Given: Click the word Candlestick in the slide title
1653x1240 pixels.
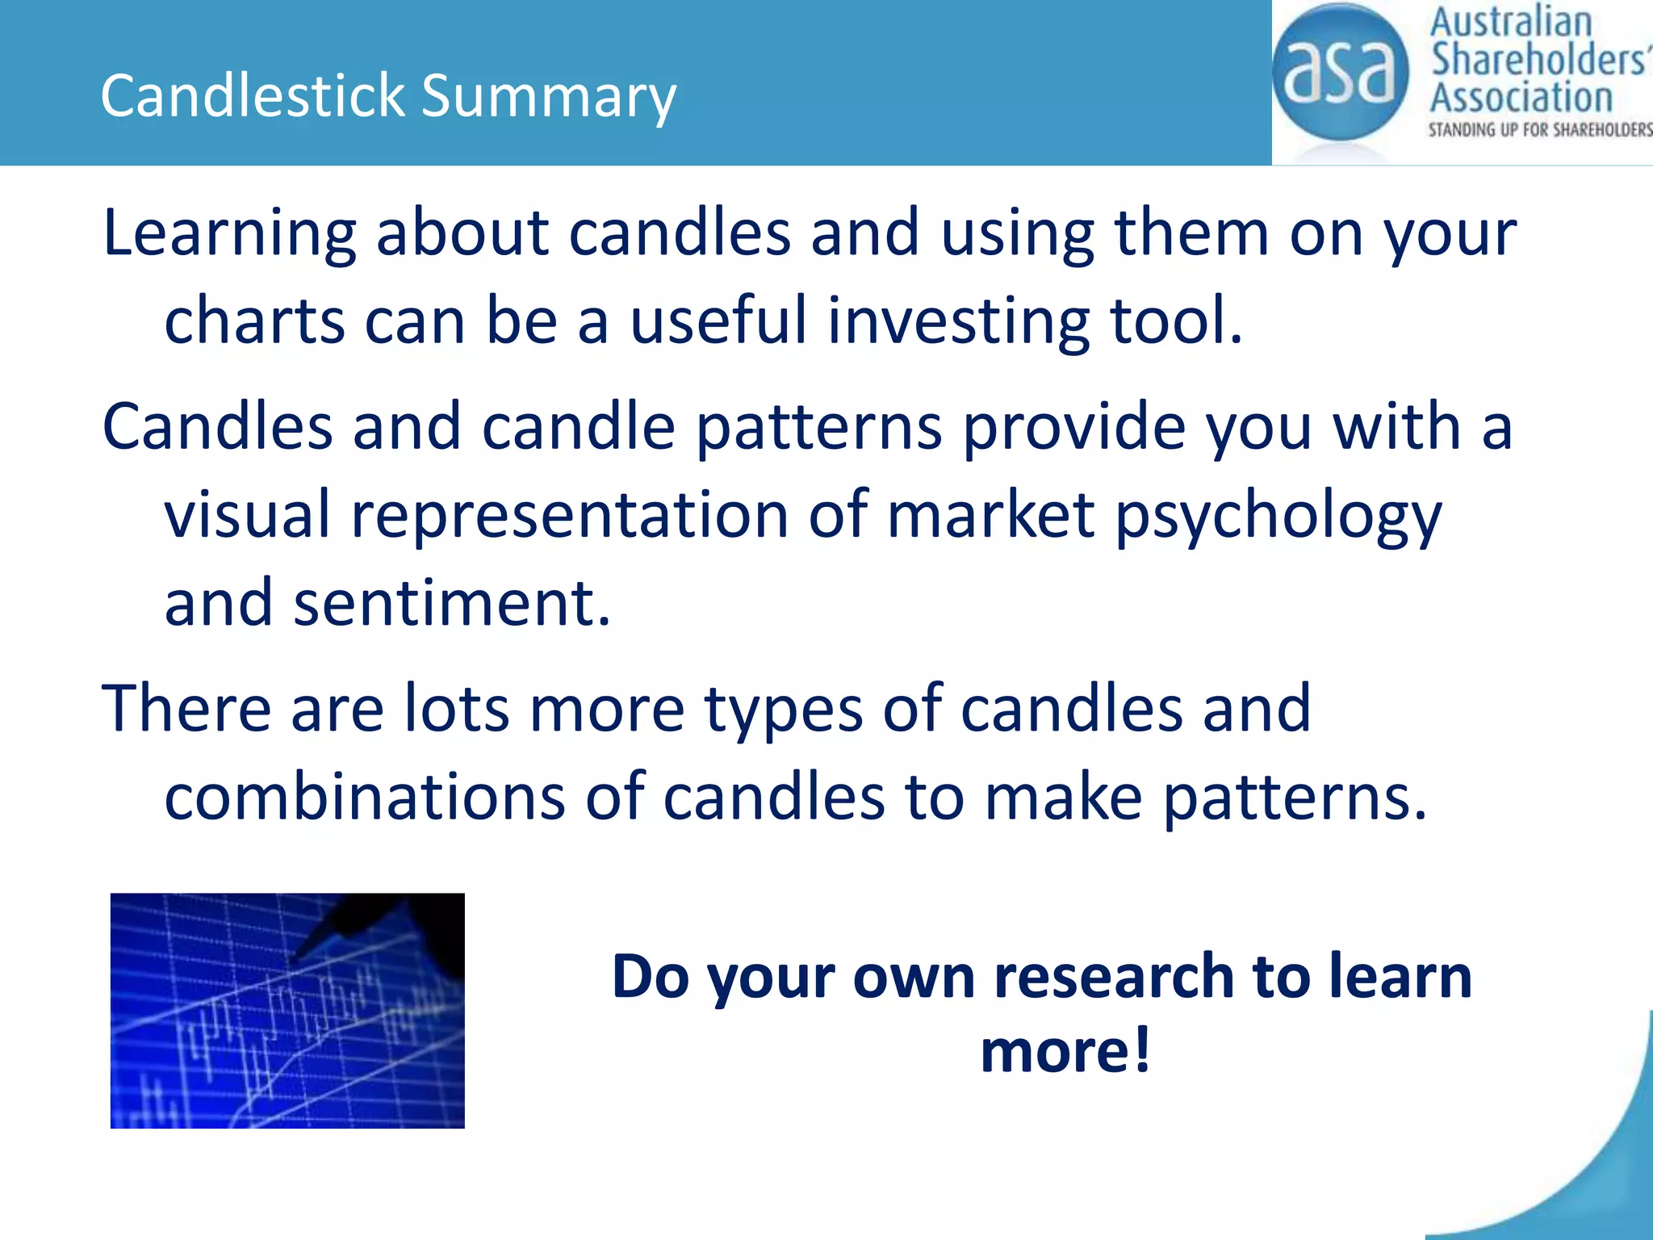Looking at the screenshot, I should click(252, 95).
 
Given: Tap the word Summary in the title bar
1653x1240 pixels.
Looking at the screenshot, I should click(548, 95).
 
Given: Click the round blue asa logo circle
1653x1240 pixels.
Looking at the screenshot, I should click(1340, 73).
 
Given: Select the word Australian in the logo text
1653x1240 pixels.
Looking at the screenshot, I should click(1510, 23).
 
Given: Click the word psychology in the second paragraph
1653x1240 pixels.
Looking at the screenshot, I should click(1278, 517).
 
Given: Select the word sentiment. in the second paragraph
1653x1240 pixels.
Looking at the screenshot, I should click(451, 604).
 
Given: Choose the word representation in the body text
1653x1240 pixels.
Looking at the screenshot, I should click(569, 517).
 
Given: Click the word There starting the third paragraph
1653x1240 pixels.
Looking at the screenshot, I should click(186, 709).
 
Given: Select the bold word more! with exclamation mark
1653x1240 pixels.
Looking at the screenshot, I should click(1065, 1051).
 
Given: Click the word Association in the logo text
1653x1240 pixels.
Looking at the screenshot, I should click(1521, 97).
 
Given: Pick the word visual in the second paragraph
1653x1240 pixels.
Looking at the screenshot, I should click(247, 517).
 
